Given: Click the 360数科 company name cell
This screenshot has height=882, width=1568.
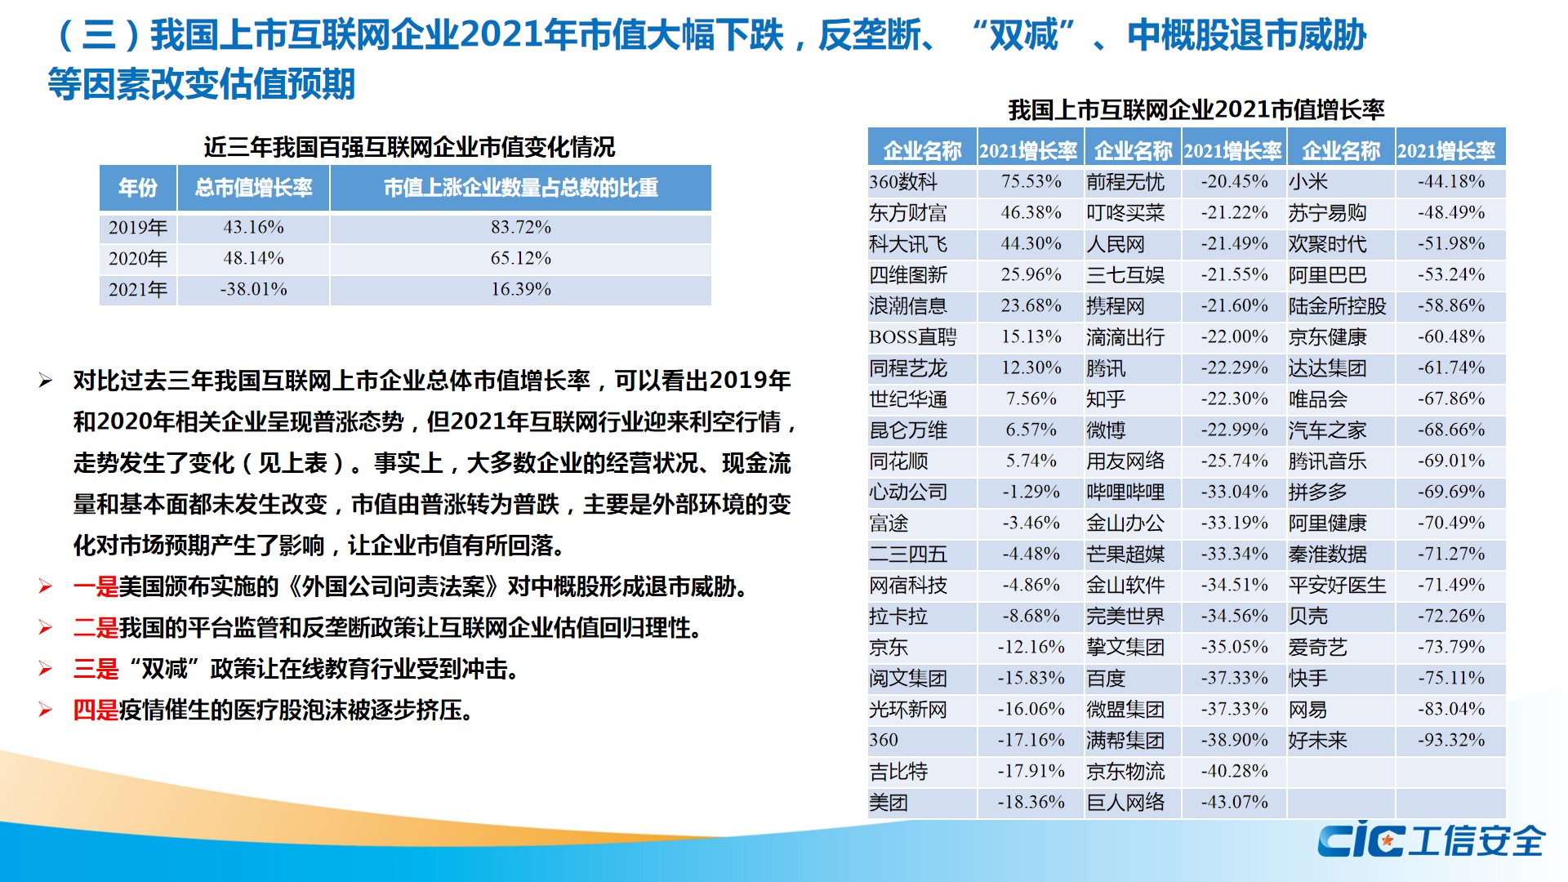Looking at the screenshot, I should [x=903, y=182].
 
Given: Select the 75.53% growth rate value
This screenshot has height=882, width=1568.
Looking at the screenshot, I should [x=1031, y=181].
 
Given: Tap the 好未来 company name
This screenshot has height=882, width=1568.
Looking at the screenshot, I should [x=1317, y=741].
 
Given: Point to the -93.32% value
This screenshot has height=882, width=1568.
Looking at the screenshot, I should [x=1450, y=740].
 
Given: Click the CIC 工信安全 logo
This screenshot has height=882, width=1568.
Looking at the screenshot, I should [x=1430, y=840].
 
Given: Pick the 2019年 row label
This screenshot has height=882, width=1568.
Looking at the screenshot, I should [x=138, y=228].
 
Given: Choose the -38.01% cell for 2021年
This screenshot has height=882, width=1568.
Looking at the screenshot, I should [x=253, y=290].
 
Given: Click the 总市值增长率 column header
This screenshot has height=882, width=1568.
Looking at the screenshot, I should [x=253, y=188].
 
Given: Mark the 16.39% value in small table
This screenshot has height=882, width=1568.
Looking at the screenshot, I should [x=520, y=290].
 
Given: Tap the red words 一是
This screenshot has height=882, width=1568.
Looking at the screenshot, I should [x=96, y=586].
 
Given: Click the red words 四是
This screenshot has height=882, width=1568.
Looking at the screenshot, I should [x=96, y=710].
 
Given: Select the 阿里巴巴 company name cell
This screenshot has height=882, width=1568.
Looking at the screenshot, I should [x=1327, y=275].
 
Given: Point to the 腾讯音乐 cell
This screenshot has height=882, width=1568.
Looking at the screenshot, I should [x=1327, y=461].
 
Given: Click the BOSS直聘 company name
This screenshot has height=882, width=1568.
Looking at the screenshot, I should [x=912, y=337].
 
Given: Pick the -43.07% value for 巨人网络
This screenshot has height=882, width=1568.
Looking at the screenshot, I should [x=1234, y=803].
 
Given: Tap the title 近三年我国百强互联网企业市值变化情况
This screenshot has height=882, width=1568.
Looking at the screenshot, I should [x=409, y=147].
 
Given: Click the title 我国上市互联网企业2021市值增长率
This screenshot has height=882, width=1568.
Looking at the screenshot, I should [x=1196, y=109].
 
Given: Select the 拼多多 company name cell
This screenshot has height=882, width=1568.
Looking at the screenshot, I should [x=1317, y=492].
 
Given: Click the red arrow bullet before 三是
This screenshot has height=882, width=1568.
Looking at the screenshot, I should [x=46, y=669].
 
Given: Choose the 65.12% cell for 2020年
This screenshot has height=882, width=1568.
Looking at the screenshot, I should [x=520, y=259].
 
